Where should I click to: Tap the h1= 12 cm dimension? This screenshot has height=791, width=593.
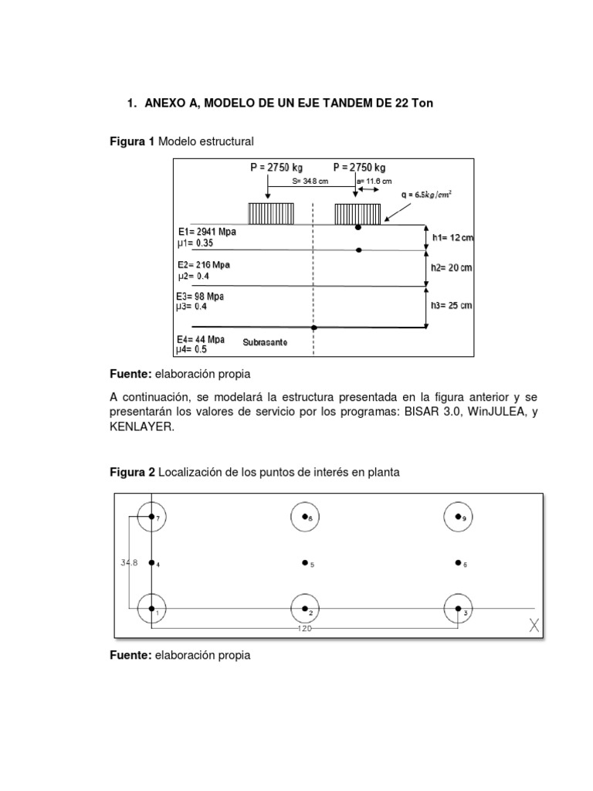coord(452,238)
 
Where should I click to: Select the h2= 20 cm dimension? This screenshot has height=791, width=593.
coord(452,267)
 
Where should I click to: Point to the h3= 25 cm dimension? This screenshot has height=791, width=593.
coord(452,306)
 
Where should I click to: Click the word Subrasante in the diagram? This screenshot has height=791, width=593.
coord(266,341)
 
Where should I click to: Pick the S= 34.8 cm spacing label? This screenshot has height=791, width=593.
coord(310,182)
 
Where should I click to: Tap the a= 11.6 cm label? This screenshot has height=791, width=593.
coord(374,182)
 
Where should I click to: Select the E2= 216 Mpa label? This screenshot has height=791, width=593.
coord(203,264)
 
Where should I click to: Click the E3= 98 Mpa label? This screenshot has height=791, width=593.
coord(201,296)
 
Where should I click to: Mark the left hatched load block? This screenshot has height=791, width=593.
coord(271,213)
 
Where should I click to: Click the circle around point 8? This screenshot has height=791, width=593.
coord(306,517)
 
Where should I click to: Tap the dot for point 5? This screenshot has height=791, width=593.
coord(306,563)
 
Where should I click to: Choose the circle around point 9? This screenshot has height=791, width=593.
coord(459,517)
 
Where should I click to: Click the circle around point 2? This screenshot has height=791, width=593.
coord(306,609)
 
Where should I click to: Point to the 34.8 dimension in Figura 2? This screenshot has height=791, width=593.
coord(129,562)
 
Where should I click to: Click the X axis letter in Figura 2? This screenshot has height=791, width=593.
coord(534,626)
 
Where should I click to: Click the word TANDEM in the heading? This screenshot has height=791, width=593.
coord(332,103)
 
